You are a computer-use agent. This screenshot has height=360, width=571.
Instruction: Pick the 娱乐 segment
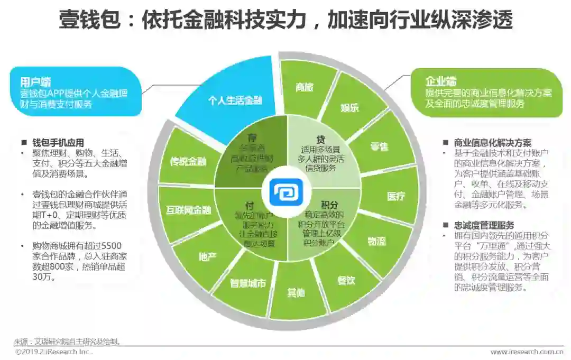pos(349,107)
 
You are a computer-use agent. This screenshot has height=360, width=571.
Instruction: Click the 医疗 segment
pos(395,196)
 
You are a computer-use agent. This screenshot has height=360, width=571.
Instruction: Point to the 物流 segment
pos(376,241)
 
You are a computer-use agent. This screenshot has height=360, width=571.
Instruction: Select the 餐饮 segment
pos(346,280)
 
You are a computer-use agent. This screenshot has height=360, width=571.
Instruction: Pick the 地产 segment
pos(207,257)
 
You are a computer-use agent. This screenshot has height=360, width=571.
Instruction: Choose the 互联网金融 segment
pos(187,210)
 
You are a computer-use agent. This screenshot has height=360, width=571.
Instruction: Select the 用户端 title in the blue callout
pos(35,82)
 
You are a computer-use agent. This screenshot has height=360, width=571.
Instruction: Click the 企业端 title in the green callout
pos(441,81)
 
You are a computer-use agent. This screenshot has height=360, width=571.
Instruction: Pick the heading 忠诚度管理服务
pos(484,225)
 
